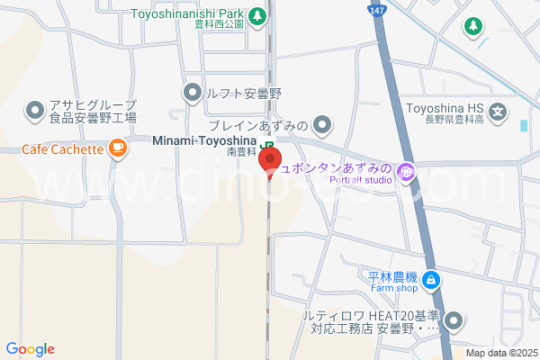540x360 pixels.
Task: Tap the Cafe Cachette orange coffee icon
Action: click(x=118, y=148)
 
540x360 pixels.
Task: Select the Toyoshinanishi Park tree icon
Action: click(x=257, y=15)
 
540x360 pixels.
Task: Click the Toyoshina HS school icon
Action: click(x=499, y=112)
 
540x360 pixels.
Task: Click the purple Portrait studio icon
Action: click(x=406, y=170)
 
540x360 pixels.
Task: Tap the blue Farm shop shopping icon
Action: click(x=431, y=281)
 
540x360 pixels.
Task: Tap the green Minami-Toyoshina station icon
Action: click(x=267, y=144)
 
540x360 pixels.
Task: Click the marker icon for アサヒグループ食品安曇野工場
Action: click(x=35, y=111)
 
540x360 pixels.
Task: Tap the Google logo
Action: click(x=30, y=349)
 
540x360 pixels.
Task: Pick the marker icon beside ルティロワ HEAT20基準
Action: click(x=454, y=320)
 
